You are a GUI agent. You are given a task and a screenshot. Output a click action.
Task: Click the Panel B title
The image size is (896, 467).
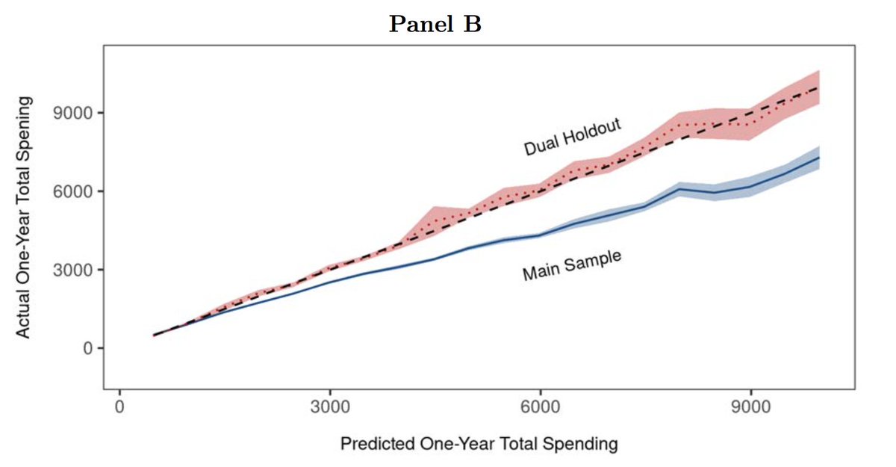click(435, 24)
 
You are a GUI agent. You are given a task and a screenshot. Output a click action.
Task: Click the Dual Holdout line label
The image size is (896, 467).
click(572, 137)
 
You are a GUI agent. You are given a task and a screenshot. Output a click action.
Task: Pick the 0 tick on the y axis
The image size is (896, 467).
click(87, 348)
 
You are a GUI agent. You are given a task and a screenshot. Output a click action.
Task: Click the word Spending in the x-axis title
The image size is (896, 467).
click(586, 445)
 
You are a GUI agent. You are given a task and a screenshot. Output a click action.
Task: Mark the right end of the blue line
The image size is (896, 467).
click(820, 158)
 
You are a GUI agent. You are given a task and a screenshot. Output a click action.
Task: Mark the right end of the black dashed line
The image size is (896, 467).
click(820, 87)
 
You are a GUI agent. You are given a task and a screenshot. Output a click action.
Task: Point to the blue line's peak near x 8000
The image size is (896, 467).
click(679, 189)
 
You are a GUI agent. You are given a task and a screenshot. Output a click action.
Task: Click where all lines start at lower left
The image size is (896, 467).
click(155, 335)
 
